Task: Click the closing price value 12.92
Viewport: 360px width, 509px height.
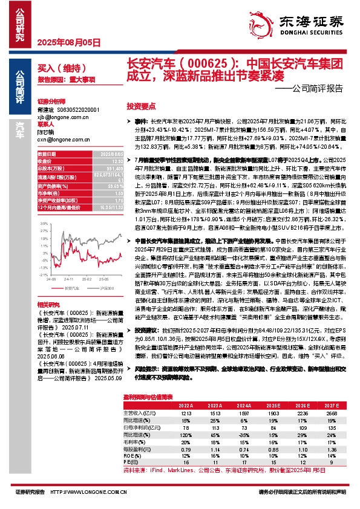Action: (114, 161)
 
